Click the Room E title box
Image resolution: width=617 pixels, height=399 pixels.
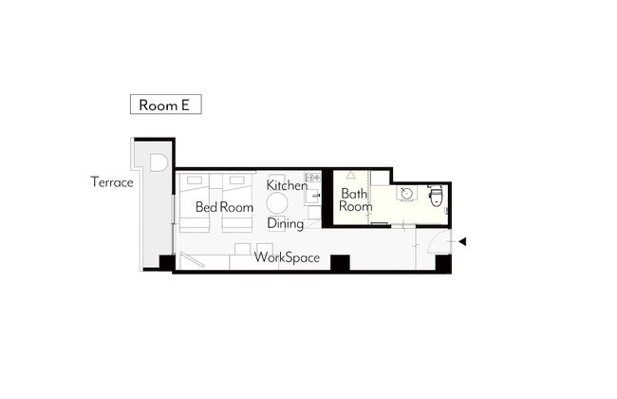(x=166, y=104)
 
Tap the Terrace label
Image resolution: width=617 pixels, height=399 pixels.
(x=112, y=182)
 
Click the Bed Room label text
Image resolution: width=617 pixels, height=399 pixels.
(x=224, y=207)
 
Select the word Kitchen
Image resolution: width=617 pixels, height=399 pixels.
(x=287, y=185)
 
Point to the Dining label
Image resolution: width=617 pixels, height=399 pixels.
(x=286, y=223)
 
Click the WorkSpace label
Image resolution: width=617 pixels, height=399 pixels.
(x=287, y=257)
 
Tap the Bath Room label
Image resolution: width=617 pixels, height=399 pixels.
(x=355, y=199)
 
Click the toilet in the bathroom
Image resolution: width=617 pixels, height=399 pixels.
(x=436, y=196)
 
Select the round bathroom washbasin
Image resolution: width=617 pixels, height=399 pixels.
(x=406, y=194)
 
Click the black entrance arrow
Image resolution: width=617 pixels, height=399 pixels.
(x=462, y=241)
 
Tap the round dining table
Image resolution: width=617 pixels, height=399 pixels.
(x=277, y=203)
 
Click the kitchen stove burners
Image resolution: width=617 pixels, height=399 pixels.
(x=313, y=178)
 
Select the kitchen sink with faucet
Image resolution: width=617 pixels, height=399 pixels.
(x=313, y=196)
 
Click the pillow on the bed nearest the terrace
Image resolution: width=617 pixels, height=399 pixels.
(x=195, y=180)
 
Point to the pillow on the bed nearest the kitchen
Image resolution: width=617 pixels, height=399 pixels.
(x=237, y=180)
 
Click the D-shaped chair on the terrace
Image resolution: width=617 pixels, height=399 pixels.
(x=159, y=162)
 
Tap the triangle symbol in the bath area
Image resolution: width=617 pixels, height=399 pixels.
(x=350, y=175)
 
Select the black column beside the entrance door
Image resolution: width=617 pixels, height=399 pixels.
(x=443, y=263)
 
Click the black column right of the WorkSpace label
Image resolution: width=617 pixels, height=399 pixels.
(x=340, y=263)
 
